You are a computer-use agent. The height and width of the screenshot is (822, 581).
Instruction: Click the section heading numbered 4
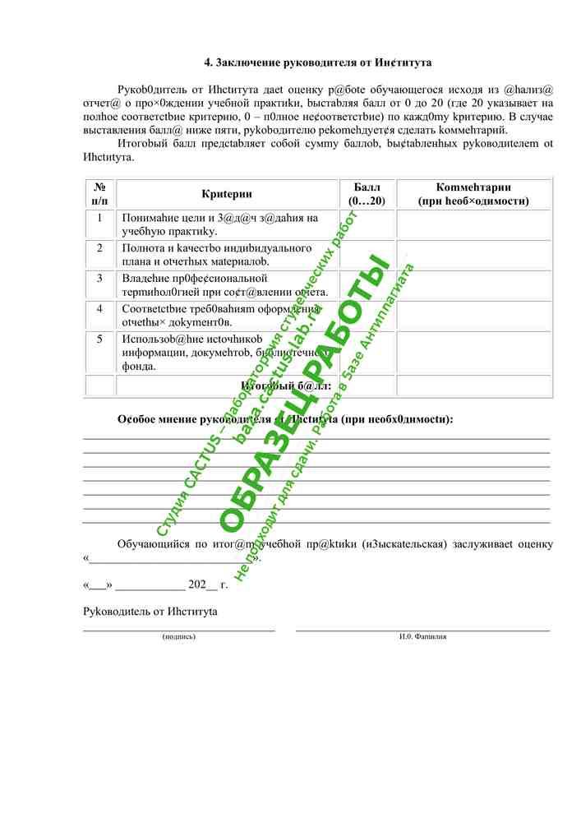(x=318, y=62)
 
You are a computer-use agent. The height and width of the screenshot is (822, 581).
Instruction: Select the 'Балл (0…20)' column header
(x=367, y=194)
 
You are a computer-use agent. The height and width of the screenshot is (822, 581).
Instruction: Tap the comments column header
(x=473, y=194)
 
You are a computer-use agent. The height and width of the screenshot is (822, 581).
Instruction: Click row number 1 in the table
(x=99, y=218)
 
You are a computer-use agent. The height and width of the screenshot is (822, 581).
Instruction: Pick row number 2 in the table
(x=99, y=247)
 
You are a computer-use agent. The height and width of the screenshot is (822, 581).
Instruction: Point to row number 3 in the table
(x=99, y=278)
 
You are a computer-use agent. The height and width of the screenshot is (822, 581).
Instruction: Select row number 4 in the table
(x=99, y=308)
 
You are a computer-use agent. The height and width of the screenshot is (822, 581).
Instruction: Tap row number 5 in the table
(x=99, y=339)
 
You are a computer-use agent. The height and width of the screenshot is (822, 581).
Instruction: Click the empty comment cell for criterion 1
(x=473, y=224)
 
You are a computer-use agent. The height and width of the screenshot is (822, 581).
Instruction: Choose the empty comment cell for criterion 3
(x=473, y=284)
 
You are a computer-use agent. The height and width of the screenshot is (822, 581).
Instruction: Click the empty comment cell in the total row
(x=473, y=386)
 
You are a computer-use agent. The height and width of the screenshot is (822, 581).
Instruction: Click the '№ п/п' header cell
(x=99, y=194)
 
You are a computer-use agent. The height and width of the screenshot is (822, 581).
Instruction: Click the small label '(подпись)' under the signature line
(x=179, y=636)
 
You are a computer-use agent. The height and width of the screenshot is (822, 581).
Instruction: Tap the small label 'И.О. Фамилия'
(x=423, y=636)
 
